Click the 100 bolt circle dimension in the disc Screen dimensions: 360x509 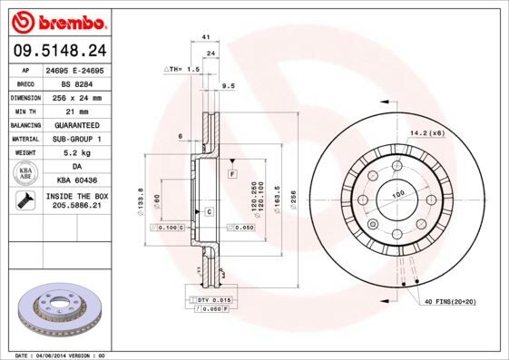396,194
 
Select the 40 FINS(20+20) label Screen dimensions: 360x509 451,301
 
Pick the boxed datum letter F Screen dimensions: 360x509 232,172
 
